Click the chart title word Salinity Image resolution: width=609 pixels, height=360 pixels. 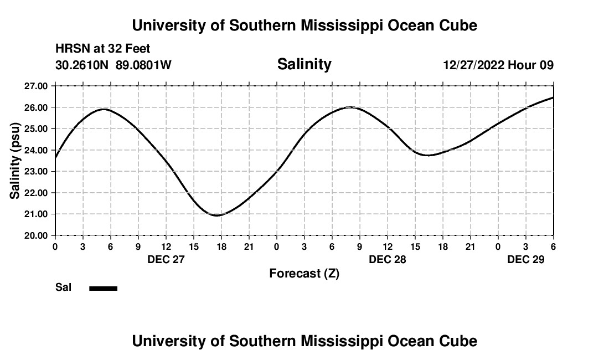point(304,64)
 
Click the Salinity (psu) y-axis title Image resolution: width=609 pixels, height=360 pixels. point(15,161)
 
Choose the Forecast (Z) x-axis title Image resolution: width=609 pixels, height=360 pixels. point(304,274)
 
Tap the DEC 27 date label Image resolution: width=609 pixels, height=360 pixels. point(166,259)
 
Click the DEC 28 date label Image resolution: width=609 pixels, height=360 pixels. point(387,259)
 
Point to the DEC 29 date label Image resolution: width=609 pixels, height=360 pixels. point(525,259)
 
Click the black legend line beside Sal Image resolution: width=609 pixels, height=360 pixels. point(104,288)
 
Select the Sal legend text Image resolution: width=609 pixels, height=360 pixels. point(64,287)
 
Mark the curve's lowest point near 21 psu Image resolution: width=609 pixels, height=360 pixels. point(217,215)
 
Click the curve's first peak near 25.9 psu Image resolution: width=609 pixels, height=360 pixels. point(104,109)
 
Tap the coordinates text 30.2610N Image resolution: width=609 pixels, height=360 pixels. point(82,65)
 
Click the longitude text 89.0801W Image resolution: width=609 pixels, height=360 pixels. point(143,65)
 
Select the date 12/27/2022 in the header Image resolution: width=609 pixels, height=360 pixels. point(473,65)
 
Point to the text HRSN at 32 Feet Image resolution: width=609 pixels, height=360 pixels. point(103,49)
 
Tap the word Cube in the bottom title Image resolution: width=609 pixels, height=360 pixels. point(461,341)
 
